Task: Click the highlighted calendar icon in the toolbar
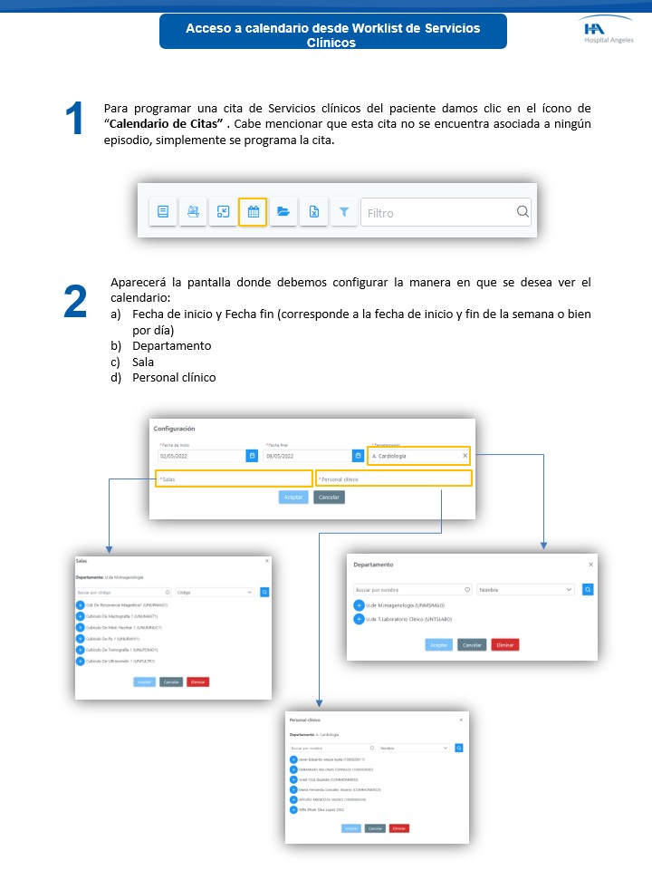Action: pos(253,212)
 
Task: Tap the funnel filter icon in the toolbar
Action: pos(344,212)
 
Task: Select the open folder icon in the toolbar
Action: pos(283,212)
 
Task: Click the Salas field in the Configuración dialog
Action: pos(234,478)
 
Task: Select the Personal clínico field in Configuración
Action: pos(394,478)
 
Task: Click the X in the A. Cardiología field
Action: pos(465,456)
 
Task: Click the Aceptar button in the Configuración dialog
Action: pos(293,498)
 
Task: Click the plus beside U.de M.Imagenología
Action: pos(359,605)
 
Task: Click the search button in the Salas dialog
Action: pos(264,592)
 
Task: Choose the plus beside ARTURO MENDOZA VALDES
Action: pos(293,800)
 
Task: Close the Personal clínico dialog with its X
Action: pos(460,720)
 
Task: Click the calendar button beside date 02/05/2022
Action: pos(252,456)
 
